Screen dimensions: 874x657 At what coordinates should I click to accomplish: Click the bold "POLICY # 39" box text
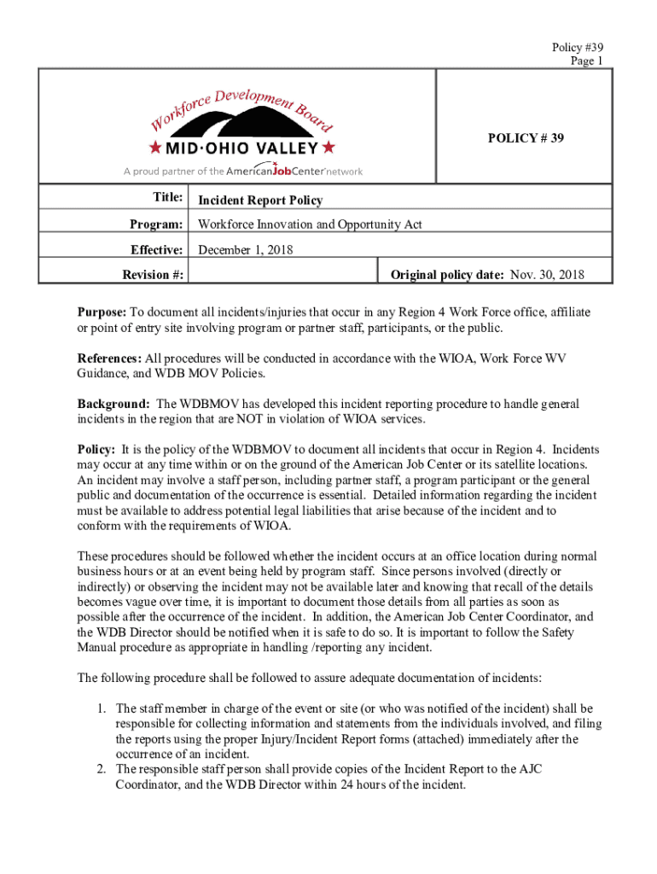point(526,137)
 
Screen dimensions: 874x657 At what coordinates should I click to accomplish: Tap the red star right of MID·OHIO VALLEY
point(330,149)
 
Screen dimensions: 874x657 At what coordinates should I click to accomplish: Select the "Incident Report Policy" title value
point(260,201)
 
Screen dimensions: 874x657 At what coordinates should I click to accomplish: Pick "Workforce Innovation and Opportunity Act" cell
point(310,224)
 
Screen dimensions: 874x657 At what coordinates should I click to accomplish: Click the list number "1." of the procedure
point(101,708)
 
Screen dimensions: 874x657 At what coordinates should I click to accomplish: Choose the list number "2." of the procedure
point(101,770)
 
